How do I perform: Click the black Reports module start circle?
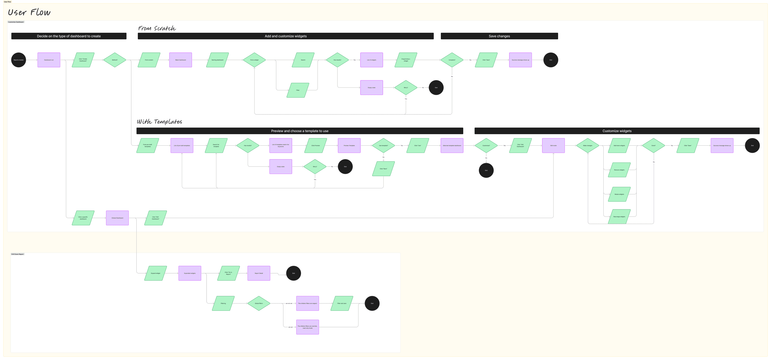19,60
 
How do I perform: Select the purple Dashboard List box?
49,60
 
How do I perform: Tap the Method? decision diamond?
115,60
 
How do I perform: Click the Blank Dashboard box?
181,60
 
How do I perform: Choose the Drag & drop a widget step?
406,60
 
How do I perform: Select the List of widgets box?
371,60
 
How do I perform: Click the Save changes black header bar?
499,36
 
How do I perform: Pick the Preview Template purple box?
349,145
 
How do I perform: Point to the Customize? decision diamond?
486,145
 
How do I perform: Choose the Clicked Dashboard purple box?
117,218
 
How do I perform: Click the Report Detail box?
259,273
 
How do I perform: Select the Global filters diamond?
259,303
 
